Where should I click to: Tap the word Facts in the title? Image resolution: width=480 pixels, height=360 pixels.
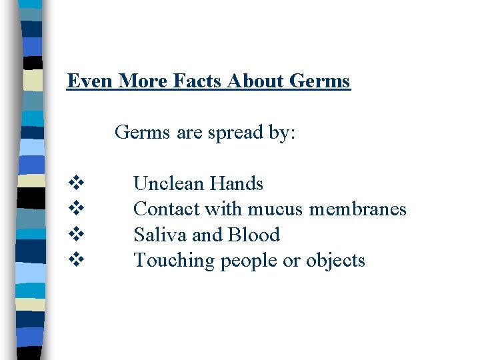tap(198, 81)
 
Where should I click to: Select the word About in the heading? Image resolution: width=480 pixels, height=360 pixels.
tap(257, 81)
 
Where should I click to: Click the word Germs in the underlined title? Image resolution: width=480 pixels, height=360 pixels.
tap(321, 81)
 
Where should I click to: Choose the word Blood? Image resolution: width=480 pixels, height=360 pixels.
tap(254, 235)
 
